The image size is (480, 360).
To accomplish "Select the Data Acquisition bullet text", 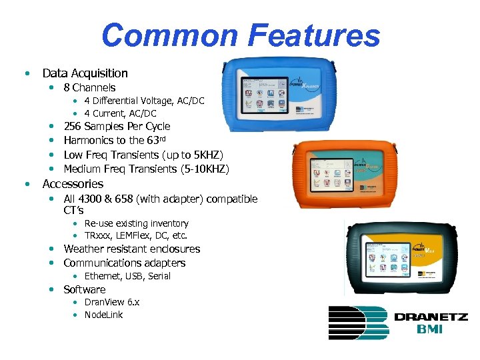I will point(85,73).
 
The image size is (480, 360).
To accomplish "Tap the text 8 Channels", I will point(89,87).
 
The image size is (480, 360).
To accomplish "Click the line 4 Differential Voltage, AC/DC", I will point(144,101).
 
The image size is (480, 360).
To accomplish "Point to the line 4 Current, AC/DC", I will point(120,113).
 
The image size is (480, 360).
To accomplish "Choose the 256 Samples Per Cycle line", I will point(117,126).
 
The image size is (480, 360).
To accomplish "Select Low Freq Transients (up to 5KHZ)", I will point(143,155).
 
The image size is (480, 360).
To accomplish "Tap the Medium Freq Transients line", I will point(146,169).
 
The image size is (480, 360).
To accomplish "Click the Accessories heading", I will point(73,184).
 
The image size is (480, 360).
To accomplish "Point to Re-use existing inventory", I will point(136,223).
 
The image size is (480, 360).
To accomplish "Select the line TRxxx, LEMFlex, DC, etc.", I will point(135,235).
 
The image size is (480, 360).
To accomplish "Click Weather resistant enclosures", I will point(131,249).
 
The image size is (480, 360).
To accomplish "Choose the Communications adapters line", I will point(124,263).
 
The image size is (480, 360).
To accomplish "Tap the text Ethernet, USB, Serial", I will point(127,276).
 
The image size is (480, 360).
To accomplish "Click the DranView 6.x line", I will point(111,302).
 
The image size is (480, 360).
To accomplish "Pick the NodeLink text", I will point(103,315).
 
